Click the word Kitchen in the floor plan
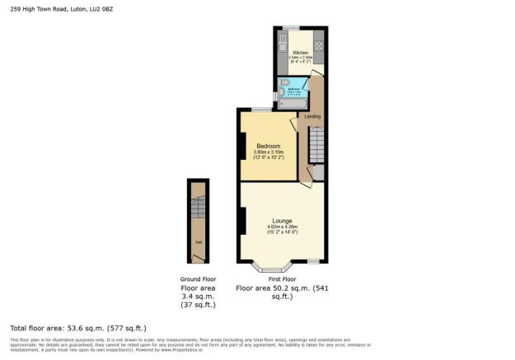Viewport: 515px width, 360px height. tap(301, 52)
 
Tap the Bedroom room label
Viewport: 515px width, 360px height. tap(268, 146)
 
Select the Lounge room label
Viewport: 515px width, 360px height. tap(281, 220)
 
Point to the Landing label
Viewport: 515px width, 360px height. tap(313, 116)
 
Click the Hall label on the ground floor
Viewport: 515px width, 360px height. tap(198, 242)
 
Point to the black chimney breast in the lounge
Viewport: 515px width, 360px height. tap(243, 221)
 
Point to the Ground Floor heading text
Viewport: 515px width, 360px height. tap(198, 280)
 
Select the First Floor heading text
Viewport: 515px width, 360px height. tap(282, 280)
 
